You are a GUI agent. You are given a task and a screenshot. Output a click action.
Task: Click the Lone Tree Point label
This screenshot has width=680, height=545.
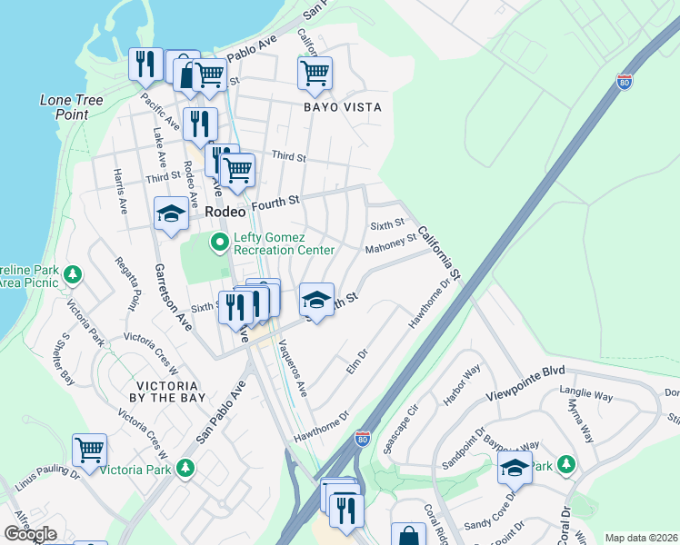[71, 107]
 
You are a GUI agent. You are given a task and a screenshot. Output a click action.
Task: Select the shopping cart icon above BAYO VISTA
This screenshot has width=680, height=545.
[315, 73]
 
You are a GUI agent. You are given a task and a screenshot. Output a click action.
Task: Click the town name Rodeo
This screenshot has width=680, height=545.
[226, 211]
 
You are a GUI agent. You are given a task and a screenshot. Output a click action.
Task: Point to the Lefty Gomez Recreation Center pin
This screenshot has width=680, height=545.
[218, 243]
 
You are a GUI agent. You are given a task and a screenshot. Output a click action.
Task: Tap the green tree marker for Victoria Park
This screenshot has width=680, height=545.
[185, 468]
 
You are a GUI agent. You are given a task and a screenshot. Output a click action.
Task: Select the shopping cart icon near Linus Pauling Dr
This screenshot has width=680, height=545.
[90, 450]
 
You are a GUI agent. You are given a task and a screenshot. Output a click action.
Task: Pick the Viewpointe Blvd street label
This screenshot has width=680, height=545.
[525, 372]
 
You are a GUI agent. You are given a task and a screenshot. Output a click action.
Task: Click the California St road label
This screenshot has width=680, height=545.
[441, 253]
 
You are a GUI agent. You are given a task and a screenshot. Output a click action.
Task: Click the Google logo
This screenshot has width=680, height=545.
[31, 534]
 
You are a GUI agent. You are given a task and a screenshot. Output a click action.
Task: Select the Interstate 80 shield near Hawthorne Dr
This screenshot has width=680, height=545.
[362, 439]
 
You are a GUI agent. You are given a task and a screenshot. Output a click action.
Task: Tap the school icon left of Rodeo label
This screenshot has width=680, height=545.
[171, 213]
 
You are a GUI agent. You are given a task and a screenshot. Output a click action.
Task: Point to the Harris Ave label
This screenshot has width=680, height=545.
[119, 191]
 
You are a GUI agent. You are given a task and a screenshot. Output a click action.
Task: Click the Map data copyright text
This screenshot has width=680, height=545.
[641, 538]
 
